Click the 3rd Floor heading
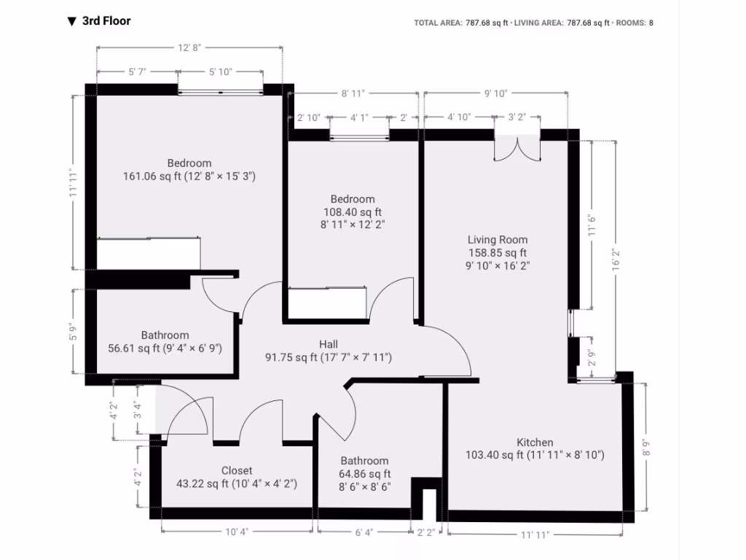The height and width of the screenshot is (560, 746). (x=106, y=21)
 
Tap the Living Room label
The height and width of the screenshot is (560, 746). (x=498, y=240)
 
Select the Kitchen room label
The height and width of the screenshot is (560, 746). (x=535, y=443)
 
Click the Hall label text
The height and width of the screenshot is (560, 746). (x=328, y=344)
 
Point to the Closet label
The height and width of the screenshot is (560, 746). (x=237, y=471)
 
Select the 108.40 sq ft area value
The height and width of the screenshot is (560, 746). (x=353, y=212)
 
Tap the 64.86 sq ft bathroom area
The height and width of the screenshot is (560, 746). (x=364, y=474)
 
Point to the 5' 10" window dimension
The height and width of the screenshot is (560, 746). (x=220, y=71)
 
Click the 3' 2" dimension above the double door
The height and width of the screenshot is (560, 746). (x=517, y=117)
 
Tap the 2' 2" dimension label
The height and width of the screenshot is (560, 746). (x=426, y=532)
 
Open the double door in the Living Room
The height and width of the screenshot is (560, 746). (x=518, y=148)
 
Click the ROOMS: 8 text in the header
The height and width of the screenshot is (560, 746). (x=635, y=23)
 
